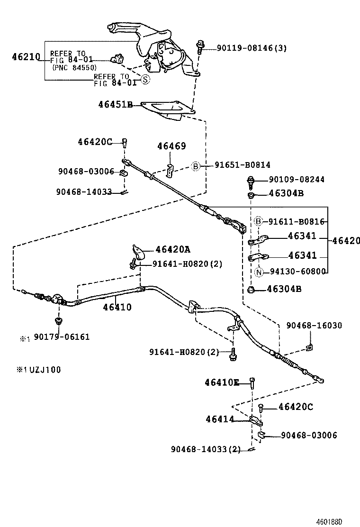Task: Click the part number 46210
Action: (26, 57)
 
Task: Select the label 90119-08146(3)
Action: (252, 48)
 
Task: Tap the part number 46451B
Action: (115, 105)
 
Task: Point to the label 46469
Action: (171, 146)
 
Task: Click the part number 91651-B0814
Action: (243, 165)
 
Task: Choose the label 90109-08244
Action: (297, 180)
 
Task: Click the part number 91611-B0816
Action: (296, 221)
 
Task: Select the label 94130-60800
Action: (297, 272)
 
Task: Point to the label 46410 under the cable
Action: (117, 307)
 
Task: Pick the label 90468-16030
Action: (314, 326)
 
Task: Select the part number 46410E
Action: (222, 382)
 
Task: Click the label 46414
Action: (220, 419)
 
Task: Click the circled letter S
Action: (145, 80)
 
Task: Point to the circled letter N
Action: (259, 272)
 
